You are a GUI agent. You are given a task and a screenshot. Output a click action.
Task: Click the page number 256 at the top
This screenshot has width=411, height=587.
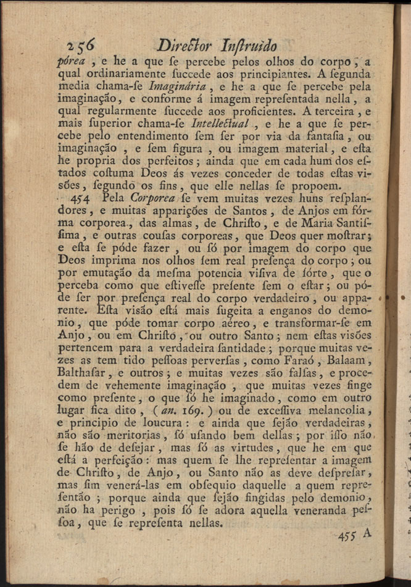(x=86, y=44)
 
